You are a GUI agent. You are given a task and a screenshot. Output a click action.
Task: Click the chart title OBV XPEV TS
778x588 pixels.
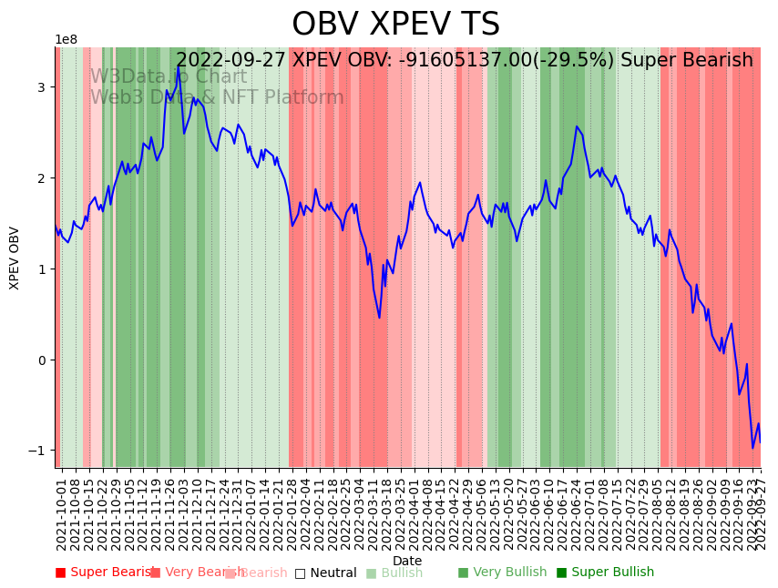coord(395,25)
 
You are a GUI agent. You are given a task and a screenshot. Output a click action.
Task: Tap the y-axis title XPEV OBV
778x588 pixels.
coord(15,258)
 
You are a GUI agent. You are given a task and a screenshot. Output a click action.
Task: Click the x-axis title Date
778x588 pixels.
coord(407,561)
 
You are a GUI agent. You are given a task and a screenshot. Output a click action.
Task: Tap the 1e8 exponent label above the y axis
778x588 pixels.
coord(66,40)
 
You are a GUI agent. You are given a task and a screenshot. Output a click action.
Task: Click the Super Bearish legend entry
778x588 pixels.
coord(101,573)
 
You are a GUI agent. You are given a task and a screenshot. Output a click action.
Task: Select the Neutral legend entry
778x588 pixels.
coord(325,573)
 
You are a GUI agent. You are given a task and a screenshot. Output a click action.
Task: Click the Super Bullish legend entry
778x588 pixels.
coord(605,573)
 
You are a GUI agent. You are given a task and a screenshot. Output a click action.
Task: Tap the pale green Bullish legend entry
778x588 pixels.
coord(394,573)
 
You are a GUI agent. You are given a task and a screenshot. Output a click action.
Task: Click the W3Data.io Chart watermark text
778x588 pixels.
coord(169,77)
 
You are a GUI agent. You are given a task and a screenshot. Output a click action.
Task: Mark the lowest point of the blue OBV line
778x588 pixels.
coord(752,448)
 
